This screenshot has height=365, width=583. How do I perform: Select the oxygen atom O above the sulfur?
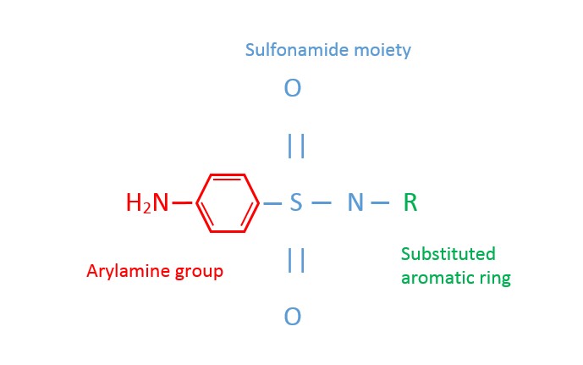point(293,88)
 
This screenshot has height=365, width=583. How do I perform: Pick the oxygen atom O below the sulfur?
point(293,318)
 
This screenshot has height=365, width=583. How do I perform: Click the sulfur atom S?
point(295,203)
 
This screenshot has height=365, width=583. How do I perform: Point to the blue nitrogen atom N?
point(355,203)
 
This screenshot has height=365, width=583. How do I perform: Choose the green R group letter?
point(410,203)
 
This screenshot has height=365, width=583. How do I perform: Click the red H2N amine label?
point(147,203)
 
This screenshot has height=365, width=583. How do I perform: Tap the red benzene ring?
point(228,203)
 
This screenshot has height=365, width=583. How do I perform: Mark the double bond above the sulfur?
point(296,147)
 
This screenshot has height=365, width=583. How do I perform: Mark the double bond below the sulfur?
point(296,260)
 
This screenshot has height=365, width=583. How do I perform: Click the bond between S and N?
point(322,203)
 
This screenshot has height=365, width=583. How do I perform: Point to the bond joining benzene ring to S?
point(272,203)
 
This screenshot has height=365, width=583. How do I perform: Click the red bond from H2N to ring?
point(182,203)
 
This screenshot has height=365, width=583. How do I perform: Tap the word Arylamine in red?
point(128,272)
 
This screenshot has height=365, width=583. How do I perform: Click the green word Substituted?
point(448,254)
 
